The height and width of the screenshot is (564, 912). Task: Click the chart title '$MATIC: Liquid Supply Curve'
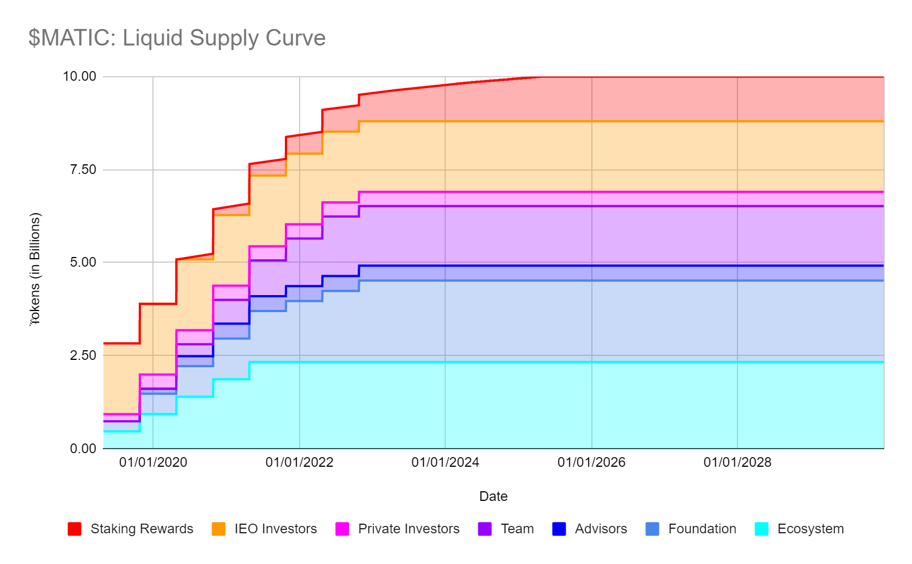(177, 38)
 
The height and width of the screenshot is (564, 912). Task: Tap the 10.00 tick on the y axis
(80, 77)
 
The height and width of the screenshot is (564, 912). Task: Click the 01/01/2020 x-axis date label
(153, 462)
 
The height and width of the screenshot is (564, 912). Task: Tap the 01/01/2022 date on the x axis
(299, 462)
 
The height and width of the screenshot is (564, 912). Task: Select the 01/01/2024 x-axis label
(445, 462)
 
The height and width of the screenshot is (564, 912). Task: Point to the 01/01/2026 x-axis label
(591, 462)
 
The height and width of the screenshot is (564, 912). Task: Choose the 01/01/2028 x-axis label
(737, 462)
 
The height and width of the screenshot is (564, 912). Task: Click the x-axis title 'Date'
(493, 496)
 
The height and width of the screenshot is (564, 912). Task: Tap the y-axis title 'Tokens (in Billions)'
(35, 268)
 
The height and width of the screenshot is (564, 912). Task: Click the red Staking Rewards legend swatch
(74, 529)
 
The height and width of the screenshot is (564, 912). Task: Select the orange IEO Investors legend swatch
(218, 529)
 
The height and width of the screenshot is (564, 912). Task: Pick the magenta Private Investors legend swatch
(342, 529)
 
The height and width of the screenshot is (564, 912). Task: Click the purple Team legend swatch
(485, 529)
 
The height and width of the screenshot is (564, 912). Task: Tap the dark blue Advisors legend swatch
(559, 529)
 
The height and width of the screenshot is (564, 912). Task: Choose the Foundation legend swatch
(653, 529)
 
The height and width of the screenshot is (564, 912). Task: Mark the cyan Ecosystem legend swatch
(762, 529)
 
